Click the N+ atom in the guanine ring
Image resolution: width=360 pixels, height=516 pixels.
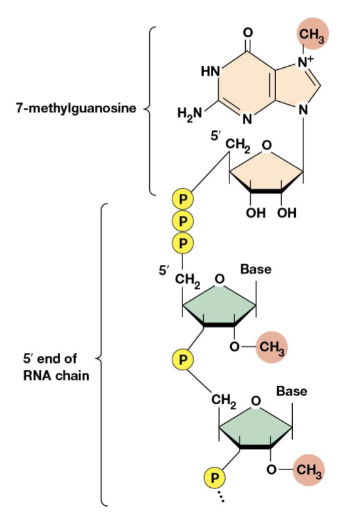[x=305, y=62]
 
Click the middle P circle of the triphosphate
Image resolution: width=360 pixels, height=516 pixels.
[x=183, y=220]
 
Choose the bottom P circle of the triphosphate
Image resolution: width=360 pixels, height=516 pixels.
[x=183, y=242]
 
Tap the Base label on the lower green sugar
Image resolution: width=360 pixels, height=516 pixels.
[x=292, y=392]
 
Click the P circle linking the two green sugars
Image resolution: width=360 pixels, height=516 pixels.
[x=183, y=360]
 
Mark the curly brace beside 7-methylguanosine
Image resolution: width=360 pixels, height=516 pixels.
[x=149, y=110]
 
